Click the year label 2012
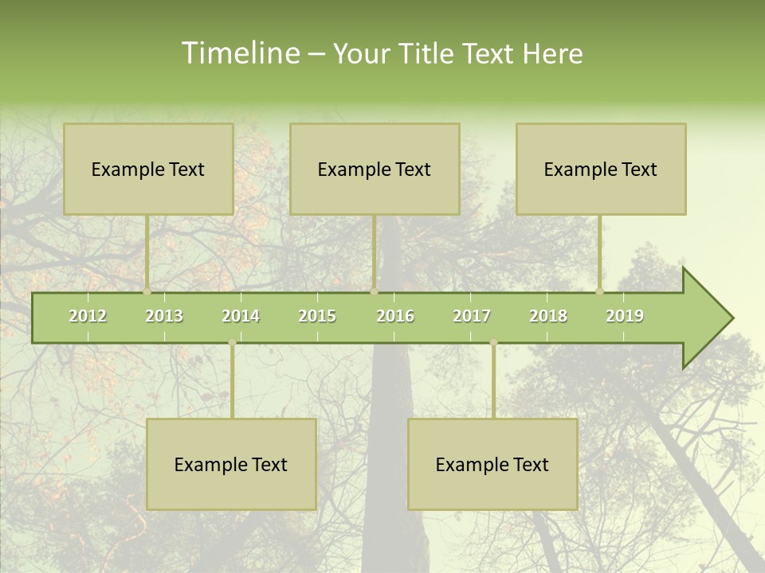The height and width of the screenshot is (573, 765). pos(88,316)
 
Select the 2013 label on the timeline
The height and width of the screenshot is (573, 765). pos(164,316)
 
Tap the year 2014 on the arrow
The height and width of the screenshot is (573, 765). pos(241,316)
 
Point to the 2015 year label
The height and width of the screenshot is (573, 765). pos(317,316)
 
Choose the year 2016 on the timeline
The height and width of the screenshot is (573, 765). pos(395,316)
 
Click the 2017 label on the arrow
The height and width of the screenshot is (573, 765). pos(472,316)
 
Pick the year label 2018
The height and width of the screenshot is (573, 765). pos(548,316)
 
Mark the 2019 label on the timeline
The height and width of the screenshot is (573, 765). pos(625,316)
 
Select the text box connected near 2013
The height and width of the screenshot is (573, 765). pos(148,169)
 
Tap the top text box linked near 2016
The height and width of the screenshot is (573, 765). pos(375,169)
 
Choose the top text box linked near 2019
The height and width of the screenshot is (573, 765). pos(601,169)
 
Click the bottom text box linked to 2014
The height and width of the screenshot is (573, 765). pos(231,464)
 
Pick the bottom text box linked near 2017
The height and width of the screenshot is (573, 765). pos(492,464)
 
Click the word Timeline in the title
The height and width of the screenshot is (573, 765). pos(240,53)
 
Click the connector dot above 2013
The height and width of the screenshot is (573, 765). pos(147,291)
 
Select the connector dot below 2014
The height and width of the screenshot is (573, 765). pos(232,342)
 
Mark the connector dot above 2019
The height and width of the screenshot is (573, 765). pos(600,291)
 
